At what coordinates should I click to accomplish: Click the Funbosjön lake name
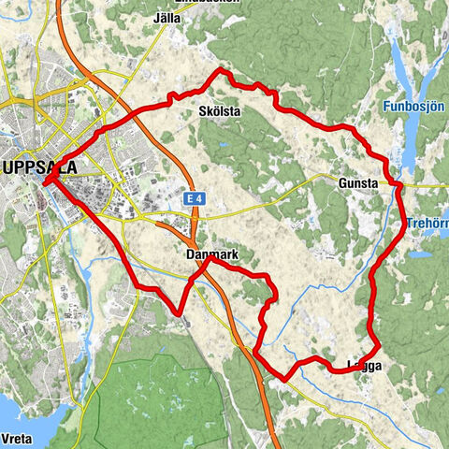(x=413, y=108)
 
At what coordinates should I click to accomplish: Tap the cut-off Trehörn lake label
(x=428, y=224)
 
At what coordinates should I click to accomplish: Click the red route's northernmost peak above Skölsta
(x=221, y=70)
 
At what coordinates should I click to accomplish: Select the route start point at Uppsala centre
(x=44, y=182)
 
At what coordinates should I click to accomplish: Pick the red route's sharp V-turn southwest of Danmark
(x=179, y=311)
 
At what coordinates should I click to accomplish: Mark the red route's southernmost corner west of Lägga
(x=285, y=379)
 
